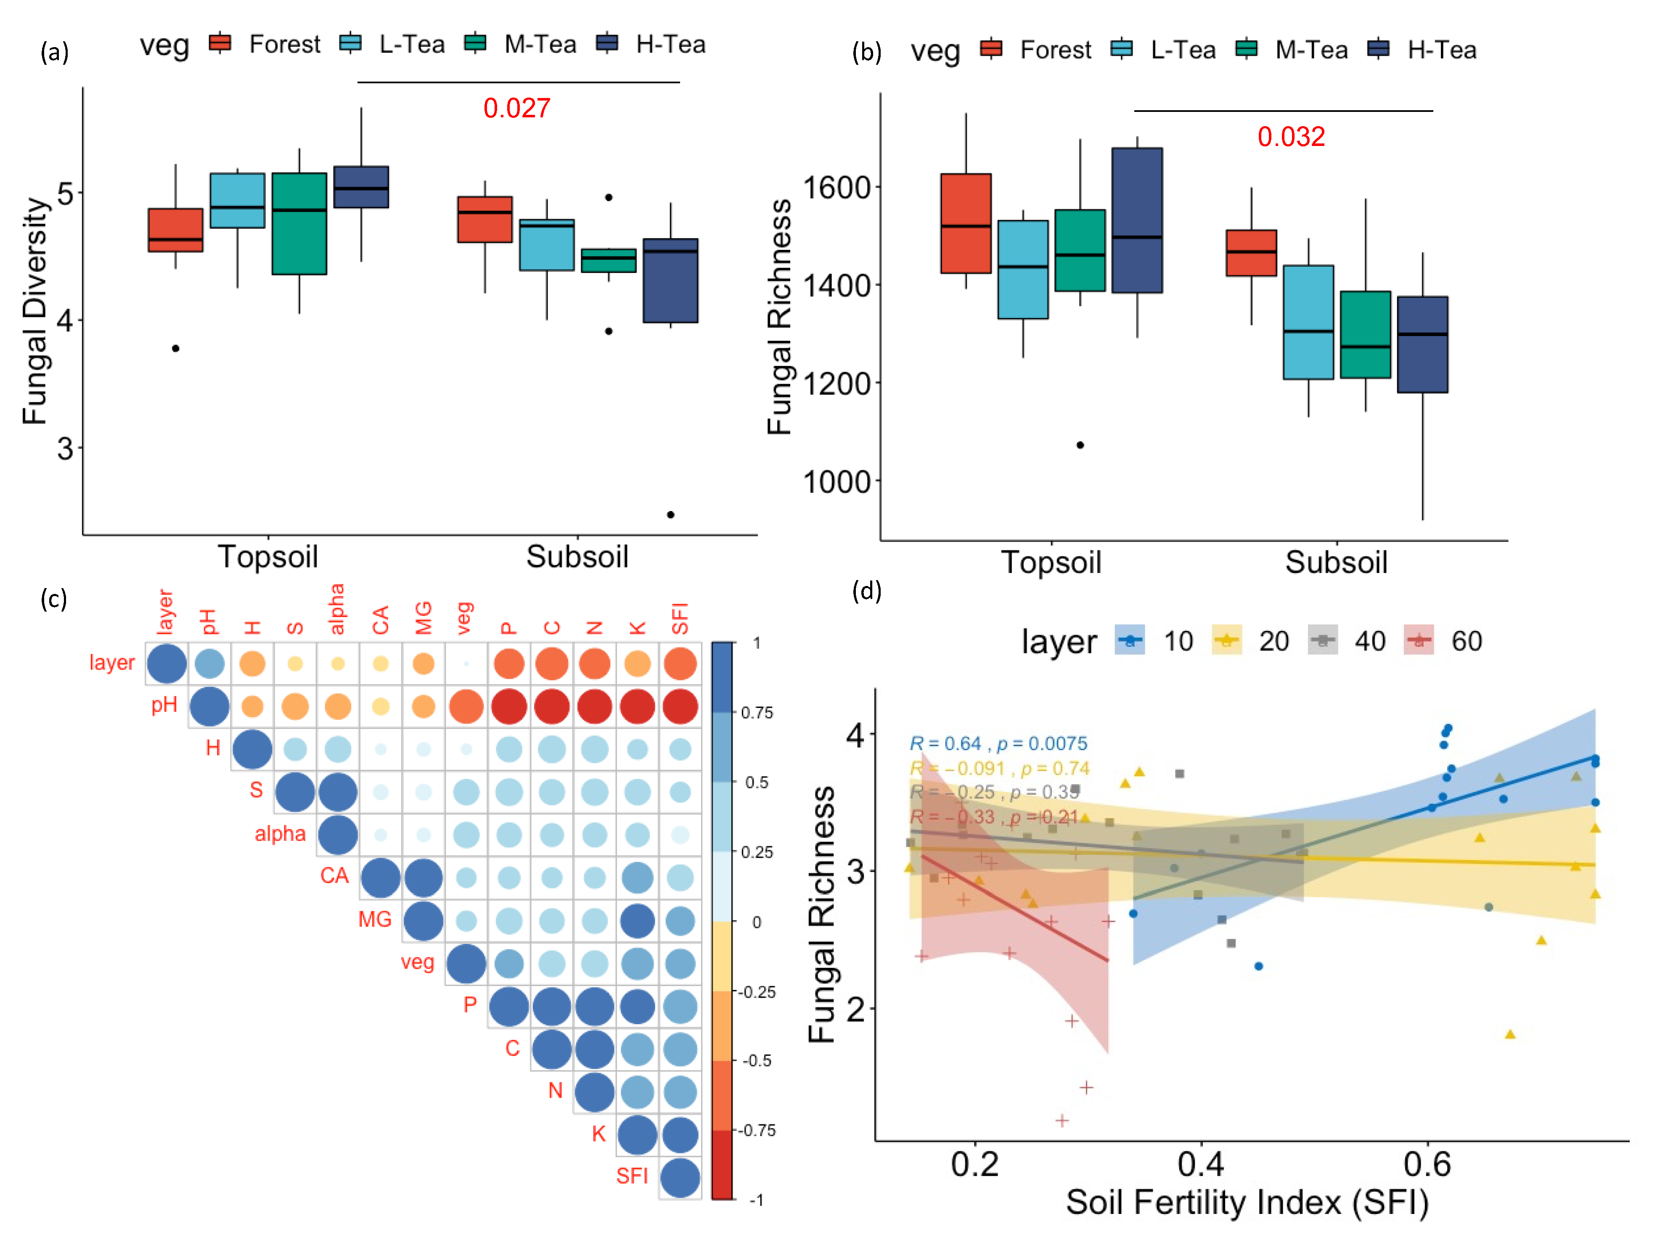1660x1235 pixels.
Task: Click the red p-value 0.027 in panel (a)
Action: [x=516, y=109]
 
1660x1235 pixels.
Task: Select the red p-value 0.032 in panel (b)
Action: [x=1291, y=137]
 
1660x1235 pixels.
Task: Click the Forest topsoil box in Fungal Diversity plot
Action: [x=176, y=230]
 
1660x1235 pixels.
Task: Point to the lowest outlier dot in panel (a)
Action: [x=670, y=514]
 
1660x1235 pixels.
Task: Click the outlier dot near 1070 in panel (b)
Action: [x=1080, y=445]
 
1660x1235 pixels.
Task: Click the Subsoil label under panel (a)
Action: [x=577, y=557]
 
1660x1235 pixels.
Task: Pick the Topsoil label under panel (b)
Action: [x=1051, y=562]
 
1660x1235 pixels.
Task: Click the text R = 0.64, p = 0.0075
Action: [x=998, y=743]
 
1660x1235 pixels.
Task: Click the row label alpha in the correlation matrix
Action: [x=280, y=834]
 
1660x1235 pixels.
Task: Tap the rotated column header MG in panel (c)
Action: [x=423, y=618]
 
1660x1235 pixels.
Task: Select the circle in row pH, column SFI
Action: [x=679, y=706]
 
